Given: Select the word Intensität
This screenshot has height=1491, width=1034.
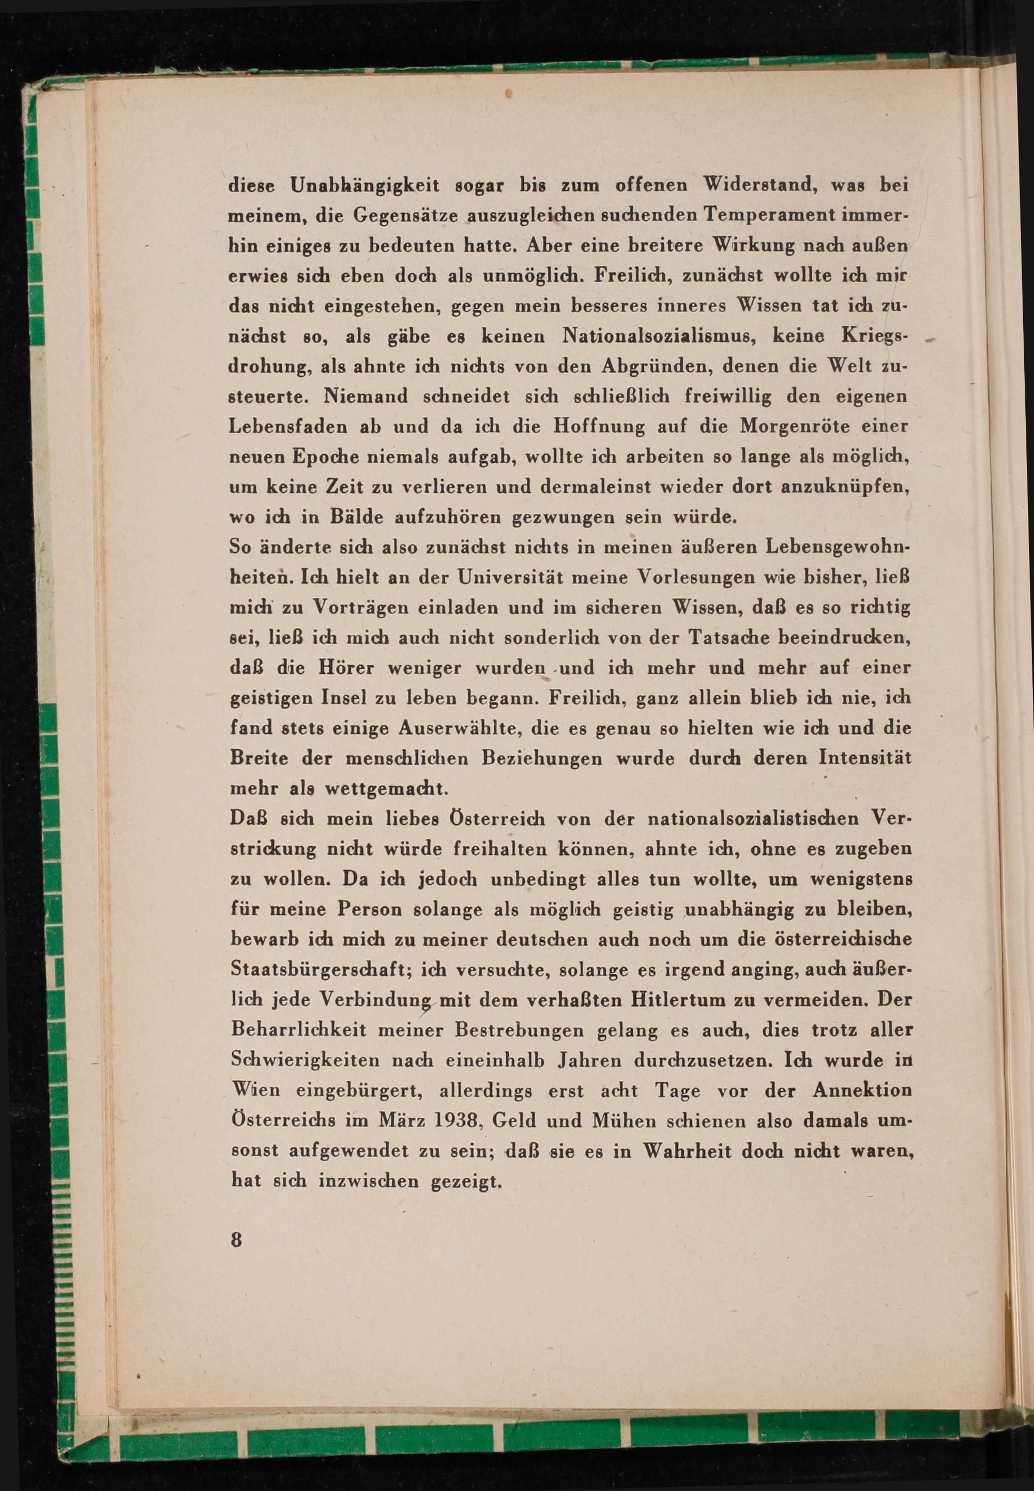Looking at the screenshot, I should click(x=865, y=758).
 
